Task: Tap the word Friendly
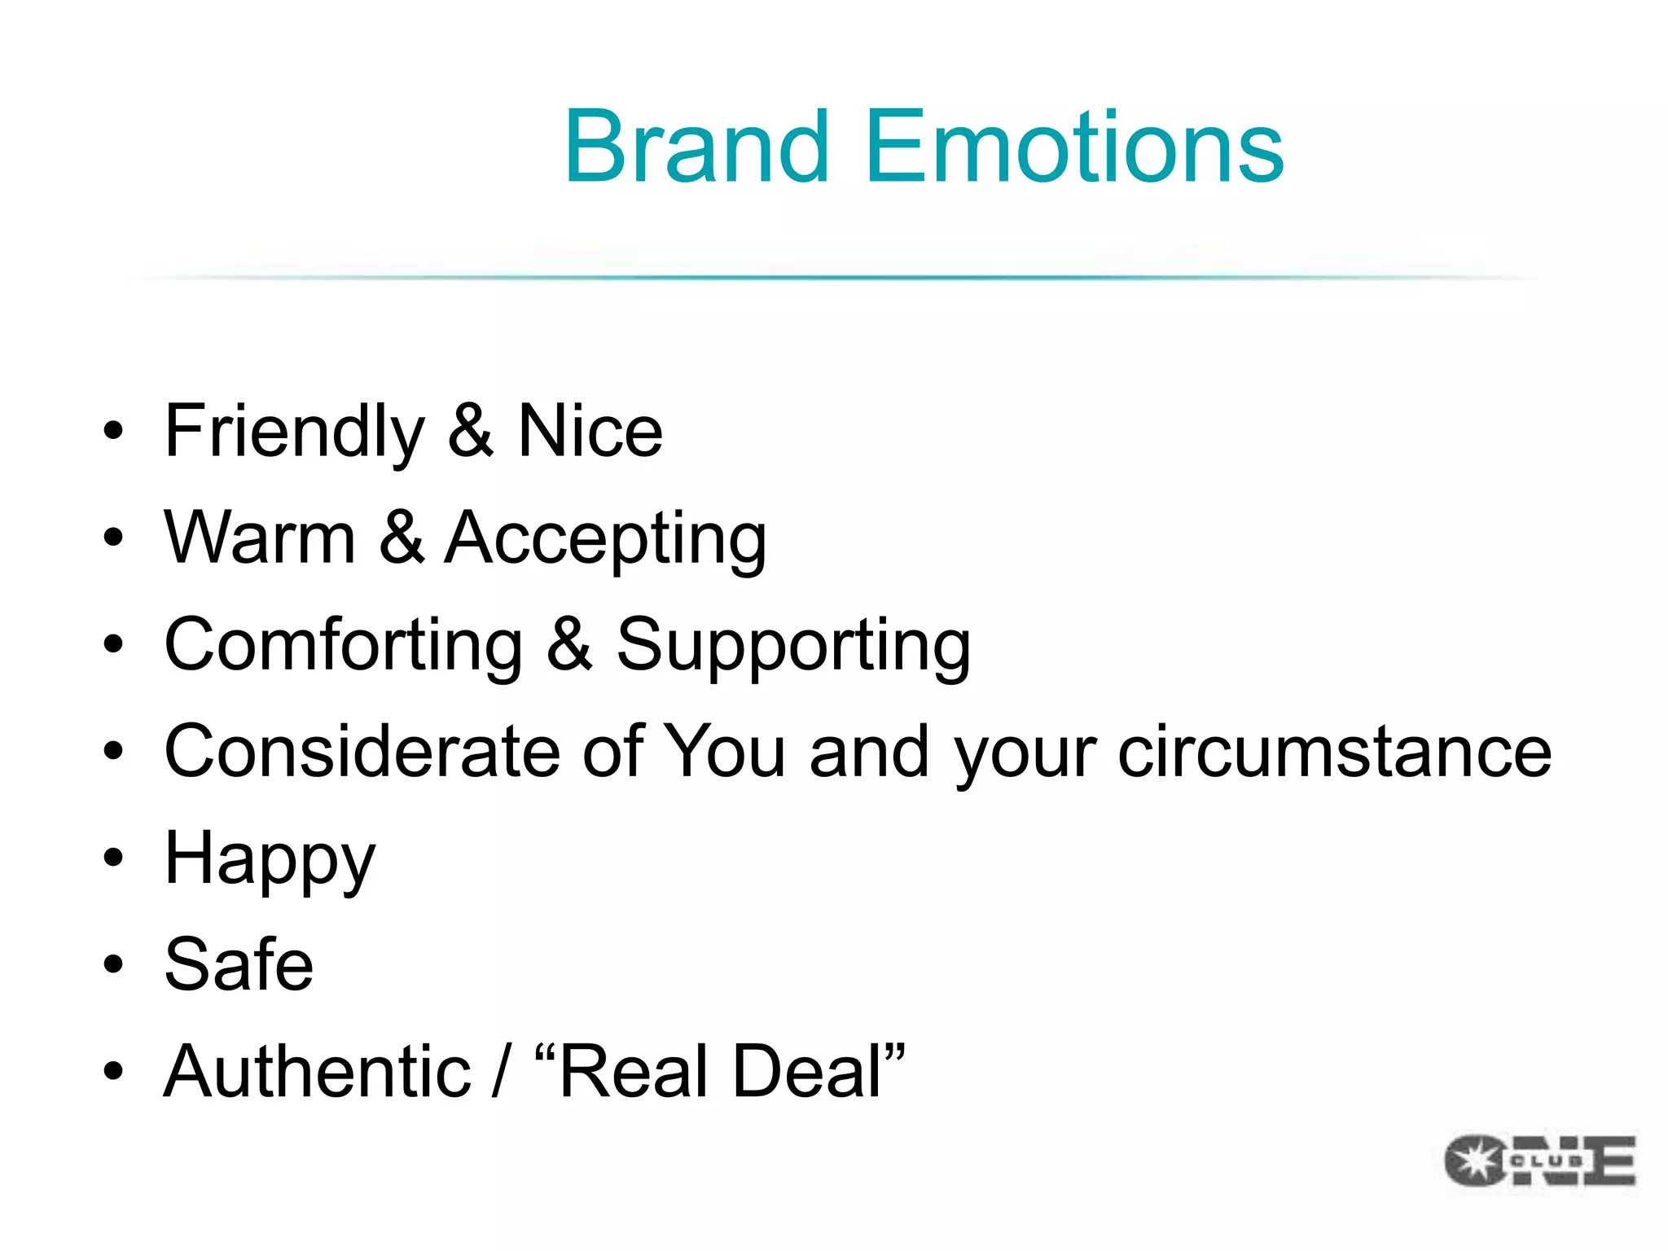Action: click(294, 432)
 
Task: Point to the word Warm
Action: click(260, 538)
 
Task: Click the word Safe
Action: click(239, 964)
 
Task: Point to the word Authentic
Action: click(317, 1071)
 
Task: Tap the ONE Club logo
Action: click(1539, 1160)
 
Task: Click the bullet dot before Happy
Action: click(113, 858)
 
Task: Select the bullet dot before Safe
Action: click(113, 964)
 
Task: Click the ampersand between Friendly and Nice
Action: click(471, 431)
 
